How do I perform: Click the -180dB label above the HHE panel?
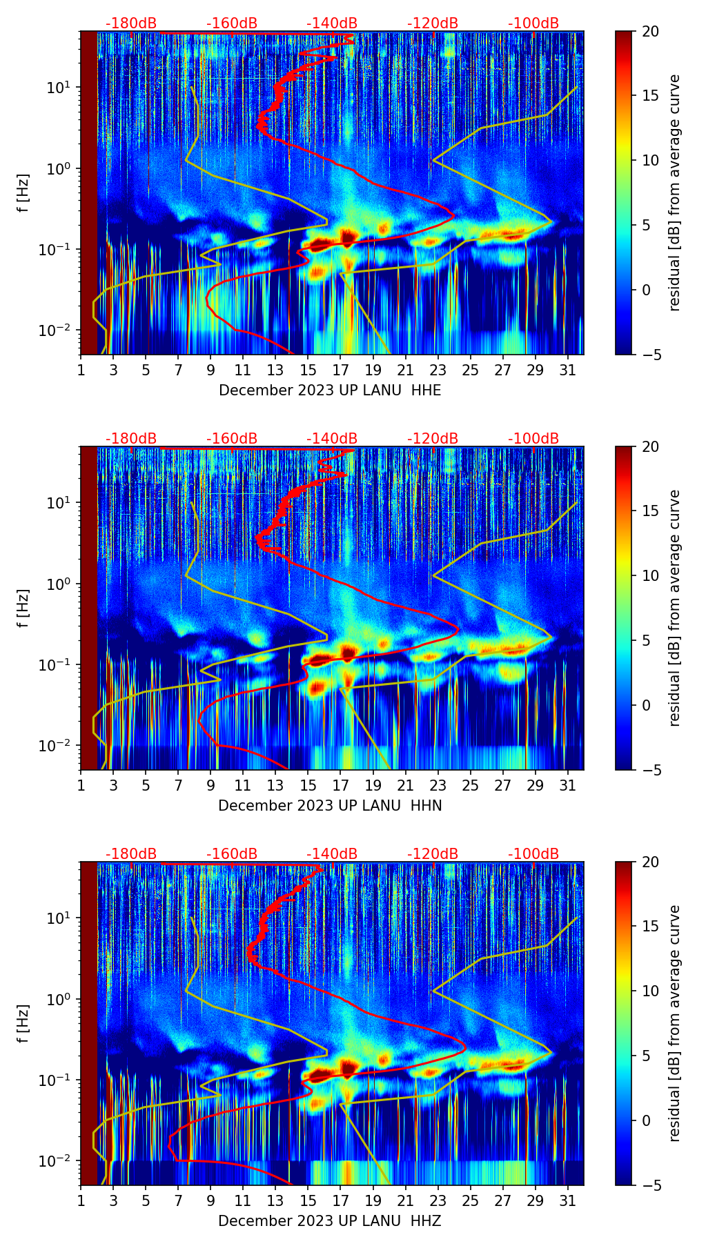click(x=131, y=23)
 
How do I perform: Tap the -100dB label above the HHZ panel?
click(x=533, y=854)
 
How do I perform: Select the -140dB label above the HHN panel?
click(x=332, y=439)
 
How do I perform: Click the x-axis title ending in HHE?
click(x=330, y=390)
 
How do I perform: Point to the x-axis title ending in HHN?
click(x=330, y=806)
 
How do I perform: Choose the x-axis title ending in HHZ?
click(x=330, y=1221)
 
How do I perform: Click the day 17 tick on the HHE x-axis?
click(x=341, y=370)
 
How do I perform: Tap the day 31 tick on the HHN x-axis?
click(x=568, y=785)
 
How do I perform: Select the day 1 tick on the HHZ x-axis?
click(x=81, y=1200)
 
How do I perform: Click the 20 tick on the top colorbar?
click(x=651, y=32)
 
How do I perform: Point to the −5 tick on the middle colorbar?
click(x=651, y=770)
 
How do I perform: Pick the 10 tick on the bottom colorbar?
click(x=651, y=991)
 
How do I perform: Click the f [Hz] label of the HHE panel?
click(x=23, y=193)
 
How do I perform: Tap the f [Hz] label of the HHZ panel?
click(x=23, y=1024)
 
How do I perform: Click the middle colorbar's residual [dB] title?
click(x=675, y=608)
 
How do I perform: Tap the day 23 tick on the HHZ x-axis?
click(x=438, y=1200)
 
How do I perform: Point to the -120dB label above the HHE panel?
click(x=433, y=23)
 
